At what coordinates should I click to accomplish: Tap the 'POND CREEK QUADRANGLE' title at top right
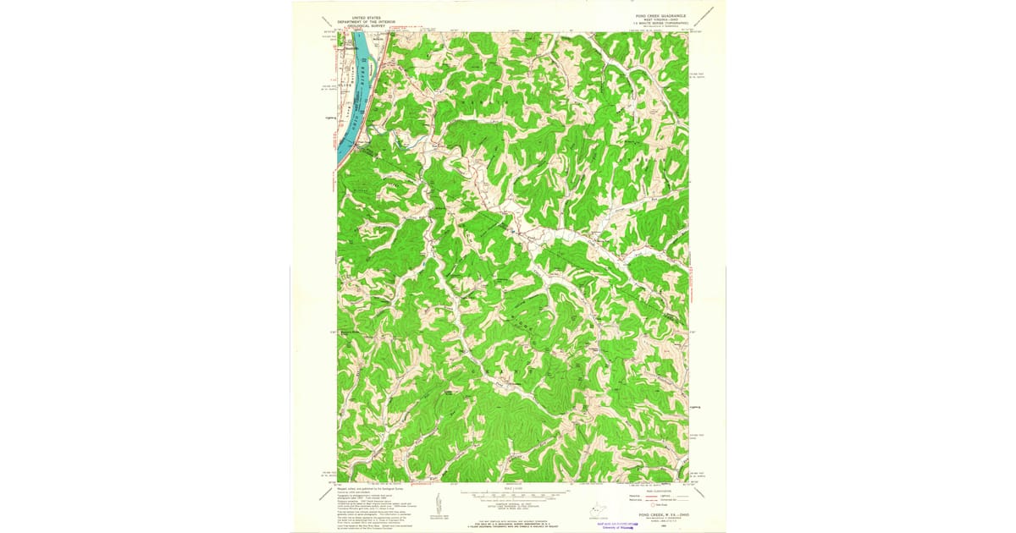coord(664,14)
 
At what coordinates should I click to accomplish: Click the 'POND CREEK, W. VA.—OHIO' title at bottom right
coord(662,514)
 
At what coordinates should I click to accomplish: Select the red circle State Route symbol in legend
coord(640,506)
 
